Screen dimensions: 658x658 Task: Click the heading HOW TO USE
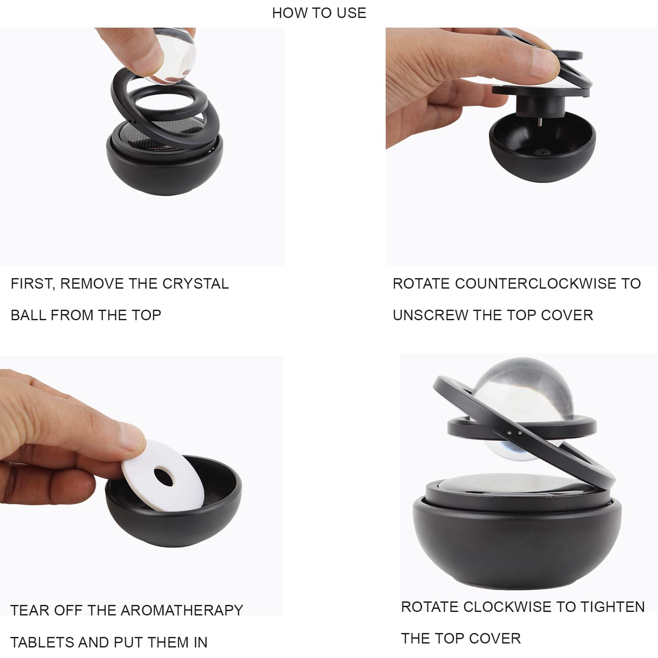319,13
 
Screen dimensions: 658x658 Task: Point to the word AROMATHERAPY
182,610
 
